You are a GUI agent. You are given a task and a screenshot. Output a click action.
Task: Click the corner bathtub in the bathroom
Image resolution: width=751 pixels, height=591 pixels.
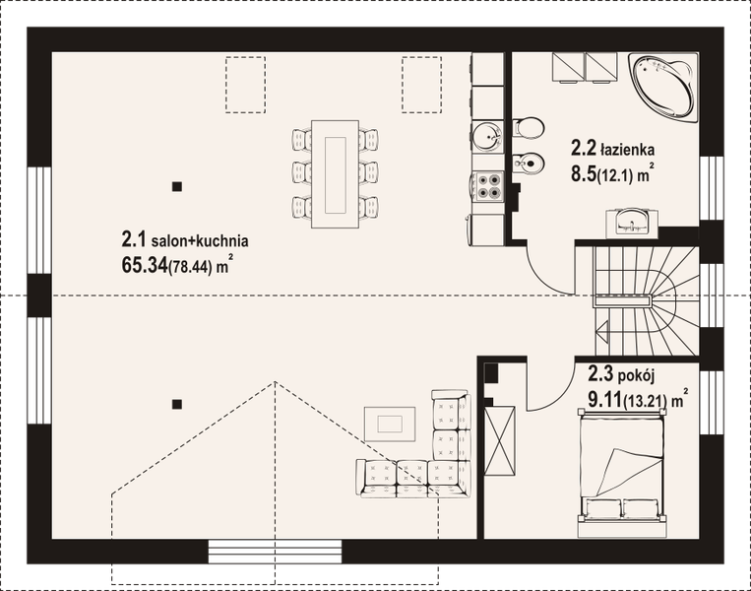(x=664, y=88)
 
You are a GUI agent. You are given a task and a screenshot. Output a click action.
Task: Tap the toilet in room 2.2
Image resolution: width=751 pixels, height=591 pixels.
(x=529, y=128)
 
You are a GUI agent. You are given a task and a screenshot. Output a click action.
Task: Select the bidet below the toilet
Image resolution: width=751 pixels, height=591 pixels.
(x=529, y=163)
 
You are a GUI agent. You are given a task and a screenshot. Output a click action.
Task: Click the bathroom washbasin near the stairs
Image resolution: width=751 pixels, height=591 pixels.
(x=632, y=223)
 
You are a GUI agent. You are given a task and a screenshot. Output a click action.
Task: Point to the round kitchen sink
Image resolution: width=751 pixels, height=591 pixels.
(x=486, y=136)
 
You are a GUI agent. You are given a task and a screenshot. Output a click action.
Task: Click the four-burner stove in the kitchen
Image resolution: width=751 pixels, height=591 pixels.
(x=488, y=186)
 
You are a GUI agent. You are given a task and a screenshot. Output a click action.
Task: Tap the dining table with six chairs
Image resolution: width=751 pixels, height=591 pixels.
(x=335, y=174)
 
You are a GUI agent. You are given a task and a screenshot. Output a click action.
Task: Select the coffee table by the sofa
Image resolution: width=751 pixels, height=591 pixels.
(x=390, y=425)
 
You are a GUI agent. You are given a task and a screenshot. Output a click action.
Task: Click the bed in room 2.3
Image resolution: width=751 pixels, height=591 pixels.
(x=622, y=473)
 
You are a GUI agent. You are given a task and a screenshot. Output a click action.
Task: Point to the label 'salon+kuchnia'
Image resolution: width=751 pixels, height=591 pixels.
(x=200, y=240)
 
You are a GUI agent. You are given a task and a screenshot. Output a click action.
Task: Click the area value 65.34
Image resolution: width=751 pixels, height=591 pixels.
(x=144, y=265)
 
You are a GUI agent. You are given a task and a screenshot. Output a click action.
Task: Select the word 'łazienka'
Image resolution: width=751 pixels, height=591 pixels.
(x=627, y=150)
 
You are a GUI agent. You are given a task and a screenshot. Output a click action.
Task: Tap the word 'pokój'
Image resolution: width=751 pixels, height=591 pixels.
(x=636, y=376)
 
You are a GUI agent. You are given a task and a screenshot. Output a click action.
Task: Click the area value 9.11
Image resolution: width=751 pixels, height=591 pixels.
(x=604, y=399)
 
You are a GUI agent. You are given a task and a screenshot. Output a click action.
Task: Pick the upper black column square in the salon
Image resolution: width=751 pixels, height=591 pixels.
(x=177, y=186)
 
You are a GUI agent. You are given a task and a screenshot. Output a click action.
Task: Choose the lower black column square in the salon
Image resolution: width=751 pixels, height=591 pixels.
(x=177, y=404)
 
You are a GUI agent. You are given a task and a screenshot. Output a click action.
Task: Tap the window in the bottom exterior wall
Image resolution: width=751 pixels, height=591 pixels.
(x=275, y=552)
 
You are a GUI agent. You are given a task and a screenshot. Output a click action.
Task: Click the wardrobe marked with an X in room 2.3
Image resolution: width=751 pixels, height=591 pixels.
(x=500, y=441)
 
